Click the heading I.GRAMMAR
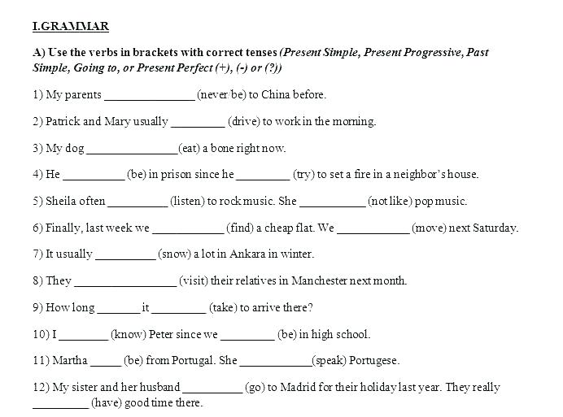pyautogui.click(x=71, y=27)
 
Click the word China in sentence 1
pyautogui.click(x=277, y=95)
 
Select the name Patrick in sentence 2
pyautogui.click(x=63, y=122)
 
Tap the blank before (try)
pyautogui.click(x=263, y=176)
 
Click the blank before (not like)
pyautogui.click(x=333, y=202)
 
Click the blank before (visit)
pyautogui.click(x=125, y=282)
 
